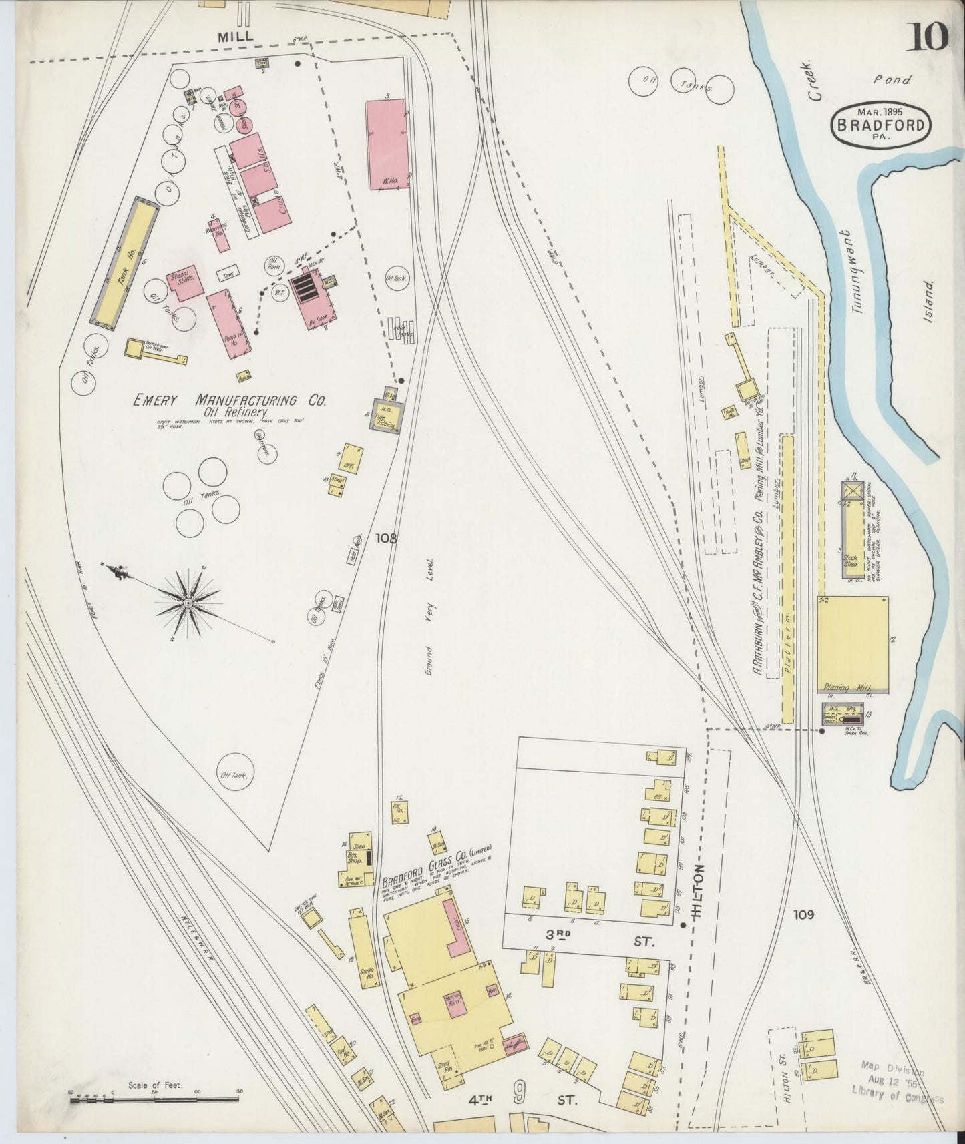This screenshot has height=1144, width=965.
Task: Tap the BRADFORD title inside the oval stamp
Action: [x=880, y=125]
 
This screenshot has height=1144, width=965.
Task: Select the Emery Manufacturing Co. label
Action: [x=229, y=400]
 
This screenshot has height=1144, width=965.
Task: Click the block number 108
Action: [x=386, y=537]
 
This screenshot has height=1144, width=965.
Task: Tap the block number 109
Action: [x=804, y=914]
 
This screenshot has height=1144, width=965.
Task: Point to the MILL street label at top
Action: [x=236, y=37]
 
